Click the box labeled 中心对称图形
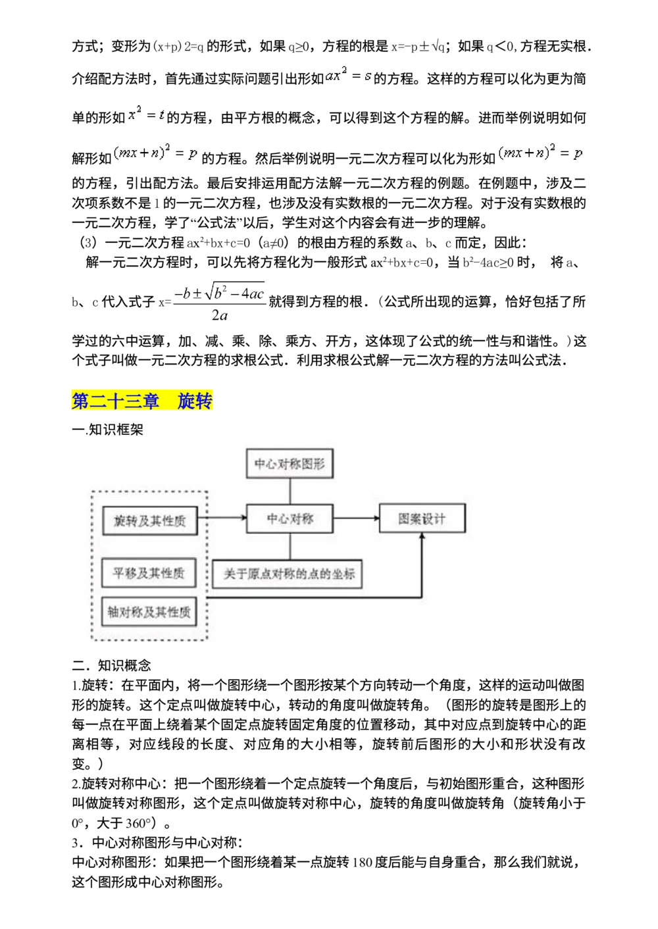[290, 464]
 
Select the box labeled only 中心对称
[290, 518]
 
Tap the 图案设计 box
[422, 518]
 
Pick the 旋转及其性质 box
[149, 520]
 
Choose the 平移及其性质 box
[149, 573]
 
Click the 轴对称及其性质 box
[149, 612]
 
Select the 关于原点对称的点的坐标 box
[288, 574]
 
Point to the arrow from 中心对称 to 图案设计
[356, 518]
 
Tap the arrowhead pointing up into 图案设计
[422, 538]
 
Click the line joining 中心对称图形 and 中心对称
[290, 491]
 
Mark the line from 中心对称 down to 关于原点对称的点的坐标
[290, 546]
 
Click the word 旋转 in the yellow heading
[195, 401]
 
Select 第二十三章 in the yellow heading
[115, 401]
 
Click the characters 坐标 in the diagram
[343, 574]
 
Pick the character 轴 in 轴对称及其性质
[113, 612]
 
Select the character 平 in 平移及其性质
[119, 573]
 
